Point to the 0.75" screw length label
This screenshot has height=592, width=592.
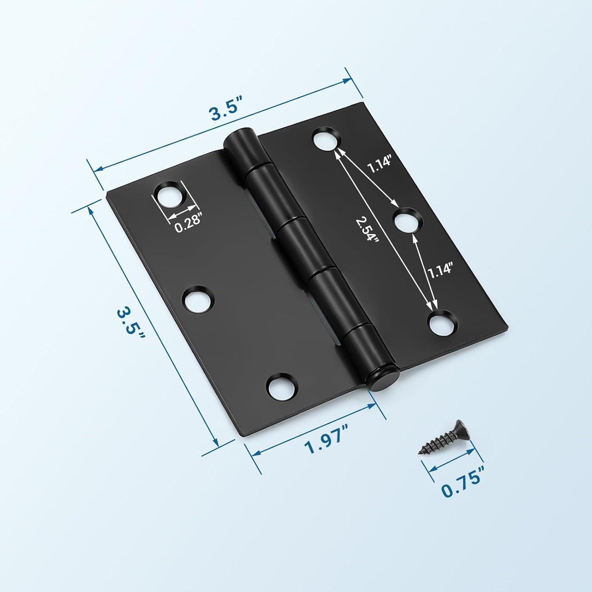(462, 485)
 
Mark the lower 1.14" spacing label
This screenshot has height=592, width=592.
(439, 272)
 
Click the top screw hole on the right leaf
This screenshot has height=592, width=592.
(326, 139)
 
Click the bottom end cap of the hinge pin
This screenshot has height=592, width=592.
(380, 379)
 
